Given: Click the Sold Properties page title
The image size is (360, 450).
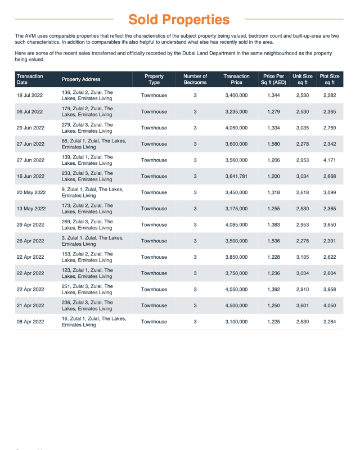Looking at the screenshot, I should tap(179, 20).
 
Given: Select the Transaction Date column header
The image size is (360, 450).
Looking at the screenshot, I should tap(30, 79).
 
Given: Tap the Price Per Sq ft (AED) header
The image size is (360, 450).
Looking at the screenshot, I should tap(273, 79).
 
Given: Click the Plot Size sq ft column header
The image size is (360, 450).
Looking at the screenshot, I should tap(330, 79).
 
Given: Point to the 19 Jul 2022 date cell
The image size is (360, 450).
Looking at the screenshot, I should tap(30, 96).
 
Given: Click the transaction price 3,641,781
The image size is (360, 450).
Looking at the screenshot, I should tap(236, 177).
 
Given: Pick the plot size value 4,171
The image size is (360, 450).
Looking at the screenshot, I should tap(330, 160).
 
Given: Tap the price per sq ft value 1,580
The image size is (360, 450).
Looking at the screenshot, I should tap(273, 144).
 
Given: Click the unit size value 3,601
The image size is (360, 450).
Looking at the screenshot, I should tap(303, 306).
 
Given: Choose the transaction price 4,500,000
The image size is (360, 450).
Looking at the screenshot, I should tap(236, 306).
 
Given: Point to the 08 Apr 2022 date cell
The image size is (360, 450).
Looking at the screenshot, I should tap(30, 322).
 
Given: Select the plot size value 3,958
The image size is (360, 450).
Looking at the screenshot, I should tap(330, 290).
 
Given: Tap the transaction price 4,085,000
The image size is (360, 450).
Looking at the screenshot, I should tap(236, 225).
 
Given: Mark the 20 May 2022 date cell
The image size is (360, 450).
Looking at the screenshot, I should tap(31, 193).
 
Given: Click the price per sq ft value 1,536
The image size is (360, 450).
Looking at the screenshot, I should tap(273, 241).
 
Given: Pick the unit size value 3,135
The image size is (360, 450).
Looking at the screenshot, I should tap(303, 258).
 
